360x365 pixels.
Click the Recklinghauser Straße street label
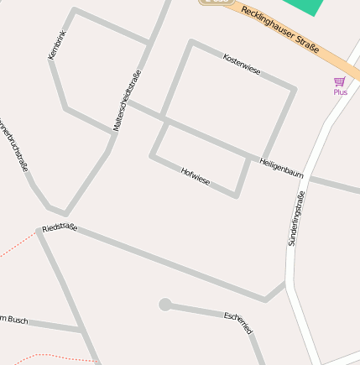279,31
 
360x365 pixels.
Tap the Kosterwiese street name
242,65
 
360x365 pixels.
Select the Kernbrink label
57,44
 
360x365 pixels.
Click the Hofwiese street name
196,176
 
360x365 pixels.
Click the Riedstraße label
60,227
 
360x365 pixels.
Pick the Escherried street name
238,323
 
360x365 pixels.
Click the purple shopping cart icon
340,81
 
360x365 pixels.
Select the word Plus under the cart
340,92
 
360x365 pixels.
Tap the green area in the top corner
303,6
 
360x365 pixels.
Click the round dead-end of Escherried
164,305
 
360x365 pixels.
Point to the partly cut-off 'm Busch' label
14,319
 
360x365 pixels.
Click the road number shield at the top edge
217,3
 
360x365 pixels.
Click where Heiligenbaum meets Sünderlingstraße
308,178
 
